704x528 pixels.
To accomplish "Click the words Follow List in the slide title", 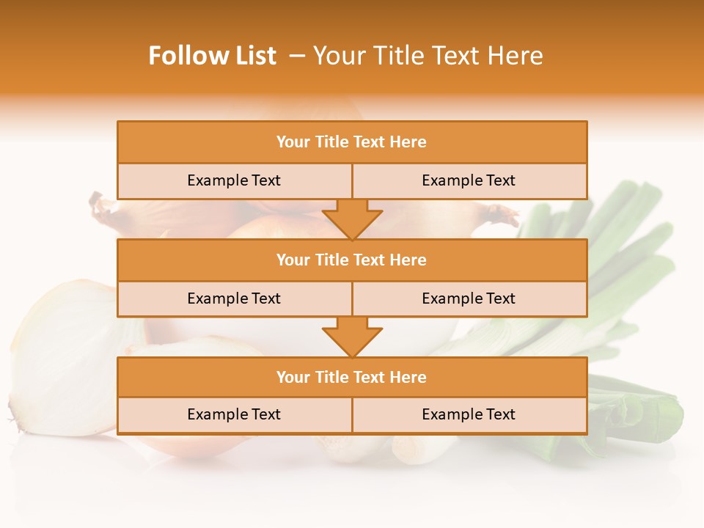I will pos(212,56).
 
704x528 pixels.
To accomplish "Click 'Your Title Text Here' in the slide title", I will pos(428,56).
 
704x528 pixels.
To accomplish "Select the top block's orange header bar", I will pos(352,142).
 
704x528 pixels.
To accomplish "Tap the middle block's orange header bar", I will pos(352,260).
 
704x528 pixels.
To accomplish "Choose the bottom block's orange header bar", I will pos(352,377).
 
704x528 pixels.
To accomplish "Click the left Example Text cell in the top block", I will pos(234,180).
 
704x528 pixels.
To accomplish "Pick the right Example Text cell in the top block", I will pos(469,180).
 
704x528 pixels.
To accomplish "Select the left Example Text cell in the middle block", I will pos(234,298).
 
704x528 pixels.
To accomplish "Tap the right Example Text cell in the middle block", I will pos(469,298).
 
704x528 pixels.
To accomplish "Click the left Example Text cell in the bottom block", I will pos(234,414).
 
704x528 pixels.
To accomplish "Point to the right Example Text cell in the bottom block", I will pos(469,414).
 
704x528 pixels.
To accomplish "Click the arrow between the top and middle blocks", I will pos(352,219).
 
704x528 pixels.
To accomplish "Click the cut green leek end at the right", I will pos(645,418).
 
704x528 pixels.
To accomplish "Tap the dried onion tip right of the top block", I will pos(502,215).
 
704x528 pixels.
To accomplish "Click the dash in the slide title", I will pos(297,56).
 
